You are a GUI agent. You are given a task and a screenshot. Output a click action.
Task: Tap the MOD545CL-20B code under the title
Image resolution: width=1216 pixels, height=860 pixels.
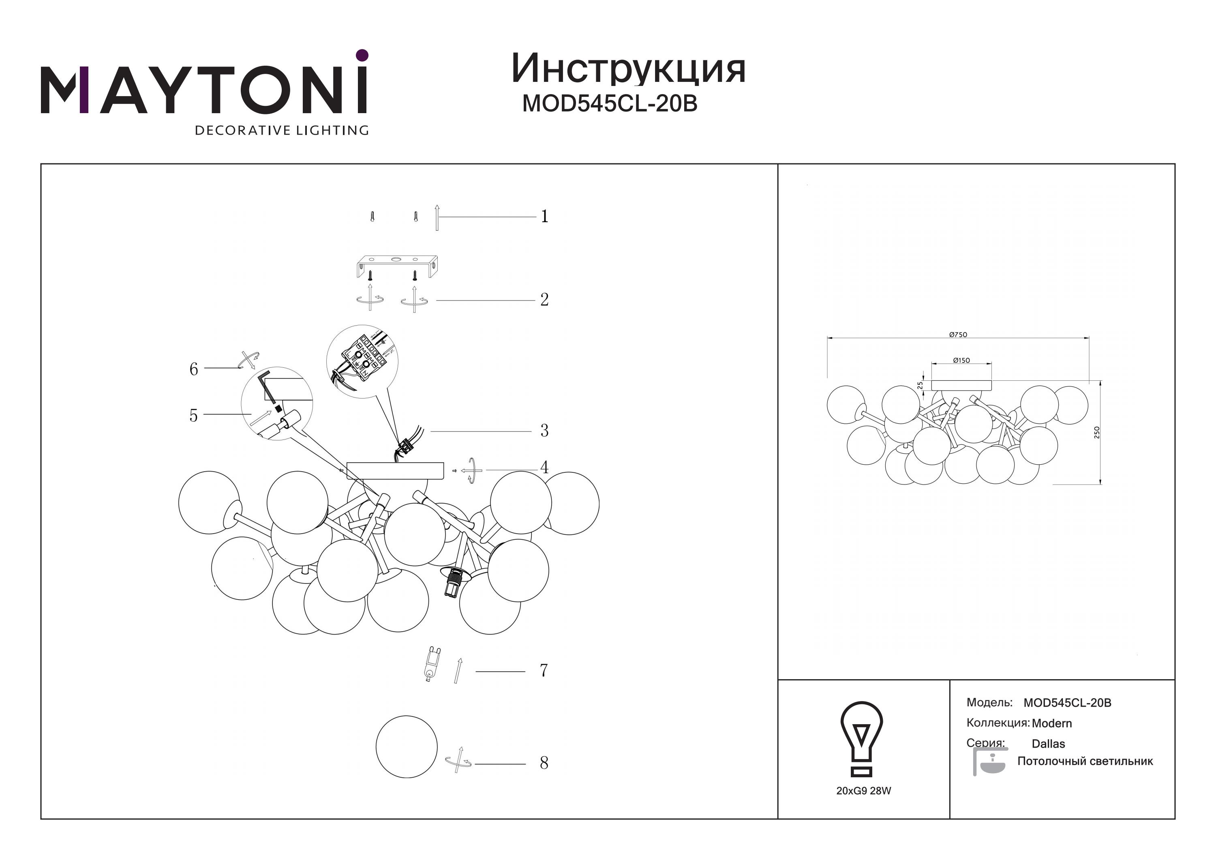pos(610,104)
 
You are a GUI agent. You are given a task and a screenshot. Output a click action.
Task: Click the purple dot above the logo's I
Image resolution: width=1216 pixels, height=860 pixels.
pos(362,55)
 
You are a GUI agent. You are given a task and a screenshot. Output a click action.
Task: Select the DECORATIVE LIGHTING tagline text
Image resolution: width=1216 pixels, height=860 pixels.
pos(282,130)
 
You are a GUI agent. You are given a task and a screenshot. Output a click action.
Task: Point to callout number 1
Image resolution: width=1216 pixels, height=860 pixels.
pos(544,216)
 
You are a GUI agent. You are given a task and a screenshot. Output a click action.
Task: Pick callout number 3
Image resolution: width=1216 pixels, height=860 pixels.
pos(544,430)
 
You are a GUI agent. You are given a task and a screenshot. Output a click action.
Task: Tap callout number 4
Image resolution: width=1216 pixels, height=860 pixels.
pos(544,468)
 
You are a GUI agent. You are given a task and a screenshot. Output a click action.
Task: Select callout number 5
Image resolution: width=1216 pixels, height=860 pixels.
pos(194,416)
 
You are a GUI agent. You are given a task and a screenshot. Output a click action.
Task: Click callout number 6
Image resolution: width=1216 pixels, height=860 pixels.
pos(194,369)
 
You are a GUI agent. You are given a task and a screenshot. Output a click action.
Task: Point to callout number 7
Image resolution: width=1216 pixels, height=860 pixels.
pos(544,670)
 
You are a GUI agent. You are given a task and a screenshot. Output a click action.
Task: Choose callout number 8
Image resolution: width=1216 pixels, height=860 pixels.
pos(544,763)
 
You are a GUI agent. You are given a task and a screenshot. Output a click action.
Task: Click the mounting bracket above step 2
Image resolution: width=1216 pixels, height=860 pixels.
pos(397,267)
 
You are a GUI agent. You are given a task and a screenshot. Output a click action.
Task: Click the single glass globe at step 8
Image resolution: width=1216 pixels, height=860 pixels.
pos(407,747)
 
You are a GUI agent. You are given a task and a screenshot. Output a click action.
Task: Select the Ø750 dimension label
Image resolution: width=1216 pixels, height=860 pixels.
pos(958,335)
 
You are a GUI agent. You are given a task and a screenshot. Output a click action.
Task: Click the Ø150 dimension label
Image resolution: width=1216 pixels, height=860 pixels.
pos(961,360)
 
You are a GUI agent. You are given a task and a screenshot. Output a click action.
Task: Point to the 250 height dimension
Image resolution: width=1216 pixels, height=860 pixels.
pos(1097,432)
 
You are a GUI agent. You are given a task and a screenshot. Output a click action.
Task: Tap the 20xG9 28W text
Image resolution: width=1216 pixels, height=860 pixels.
pos(864,791)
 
